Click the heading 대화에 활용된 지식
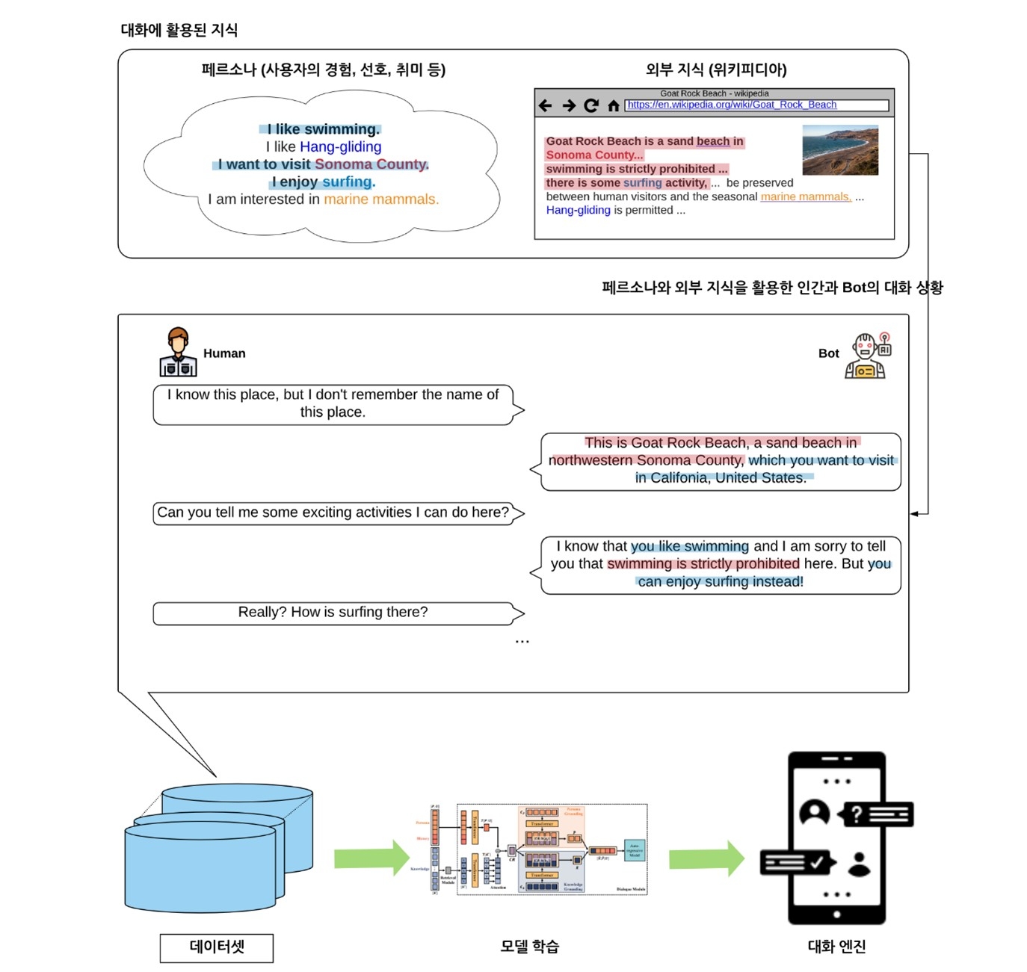click(x=179, y=30)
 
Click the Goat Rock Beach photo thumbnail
click(x=839, y=149)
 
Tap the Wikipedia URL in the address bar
click(x=731, y=105)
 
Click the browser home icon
click(x=613, y=105)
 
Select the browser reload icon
click(x=590, y=105)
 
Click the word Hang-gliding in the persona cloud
click(x=341, y=146)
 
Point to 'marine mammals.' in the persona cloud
click(x=381, y=199)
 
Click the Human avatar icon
click(x=178, y=352)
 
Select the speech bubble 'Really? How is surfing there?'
click(x=333, y=613)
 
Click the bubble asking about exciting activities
click(x=333, y=513)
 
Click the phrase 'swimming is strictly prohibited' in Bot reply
click(x=703, y=563)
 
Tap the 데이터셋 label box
click(x=216, y=947)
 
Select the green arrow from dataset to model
click(x=371, y=858)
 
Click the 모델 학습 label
click(x=529, y=947)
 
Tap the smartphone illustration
click(x=836, y=837)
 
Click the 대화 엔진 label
click(x=836, y=947)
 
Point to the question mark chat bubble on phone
click(x=877, y=814)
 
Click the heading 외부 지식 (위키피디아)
click(x=715, y=69)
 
